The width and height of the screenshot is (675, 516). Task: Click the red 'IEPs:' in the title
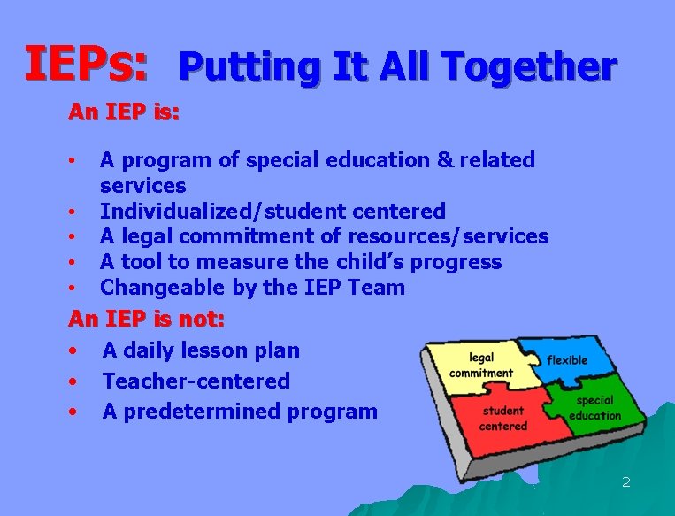pos(86,65)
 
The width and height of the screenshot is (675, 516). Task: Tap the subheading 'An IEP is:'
pos(125,113)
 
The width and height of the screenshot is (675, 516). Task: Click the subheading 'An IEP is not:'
pos(147,318)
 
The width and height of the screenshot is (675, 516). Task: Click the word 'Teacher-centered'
pos(196,381)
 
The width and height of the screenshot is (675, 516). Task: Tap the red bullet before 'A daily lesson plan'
pos(76,351)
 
